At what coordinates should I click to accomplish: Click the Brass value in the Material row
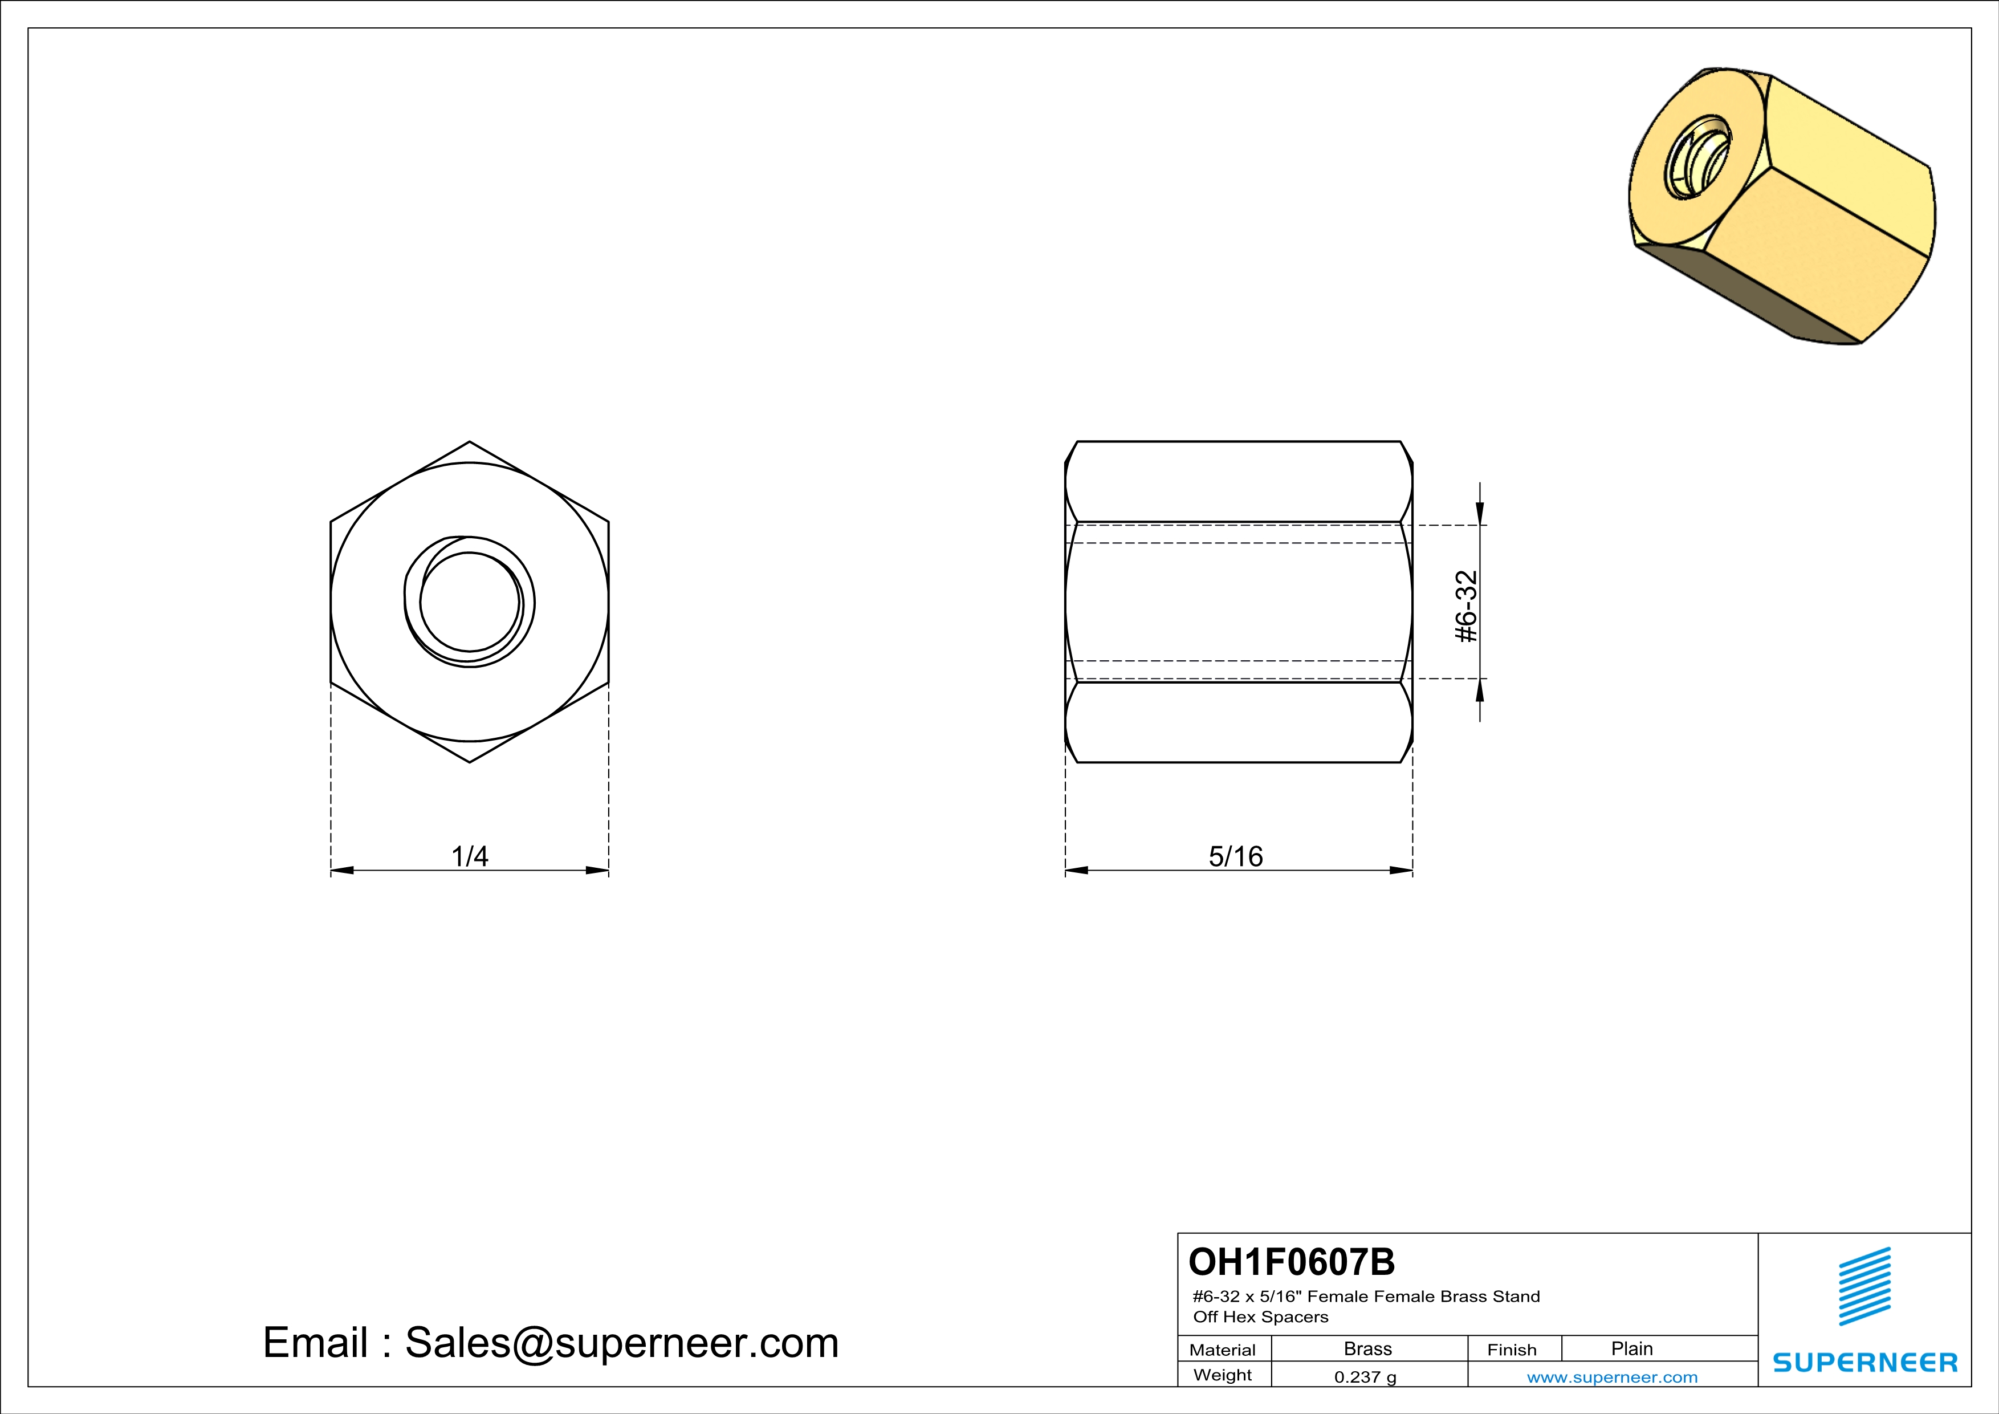pyautogui.click(x=1368, y=1348)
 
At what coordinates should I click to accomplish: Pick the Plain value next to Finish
pyautogui.click(x=1631, y=1348)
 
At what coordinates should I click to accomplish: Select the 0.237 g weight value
pyautogui.click(x=1365, y=1376)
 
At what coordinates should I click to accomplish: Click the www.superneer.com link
pyautogui.click(x=1611, y=1376)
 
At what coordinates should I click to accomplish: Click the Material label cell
pyautogui.click(x=1223, y=1350)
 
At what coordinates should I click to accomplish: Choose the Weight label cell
pyautogui.click(x=1223, y=1375)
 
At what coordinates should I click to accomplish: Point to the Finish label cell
pyautogui.click(x=1512, y=1350)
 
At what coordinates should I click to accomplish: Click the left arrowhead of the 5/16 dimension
pyautogui.click(x=1076, y=870)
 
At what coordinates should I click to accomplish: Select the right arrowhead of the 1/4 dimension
pyautogui.click(x=597, y=870)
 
